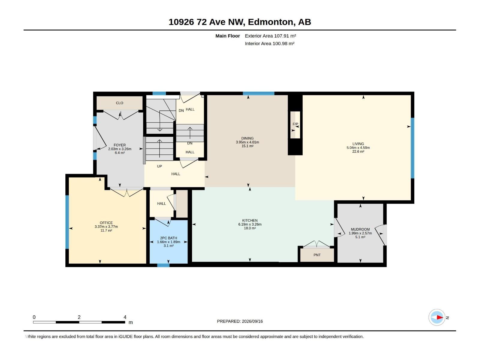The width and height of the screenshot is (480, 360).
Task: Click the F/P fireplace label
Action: pos(295,124)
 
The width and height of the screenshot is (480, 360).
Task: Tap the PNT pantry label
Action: pos(317,255)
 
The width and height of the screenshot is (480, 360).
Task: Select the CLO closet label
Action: pos(119,103)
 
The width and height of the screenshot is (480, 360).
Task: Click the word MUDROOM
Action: pos(360,229)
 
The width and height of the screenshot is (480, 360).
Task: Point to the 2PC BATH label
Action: pos(168,238)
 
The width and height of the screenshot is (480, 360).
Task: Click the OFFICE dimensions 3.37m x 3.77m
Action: pos(106,227)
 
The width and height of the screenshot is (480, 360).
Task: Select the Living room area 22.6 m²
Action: pos(358,151)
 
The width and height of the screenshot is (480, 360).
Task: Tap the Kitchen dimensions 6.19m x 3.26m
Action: pos(250,224)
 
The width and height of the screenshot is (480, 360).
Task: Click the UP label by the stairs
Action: pos(159,166)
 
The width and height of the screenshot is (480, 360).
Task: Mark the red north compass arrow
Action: pos(440,317)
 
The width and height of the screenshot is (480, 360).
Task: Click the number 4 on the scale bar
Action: pos(125,317)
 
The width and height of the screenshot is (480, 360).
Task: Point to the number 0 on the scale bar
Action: pos(34,317)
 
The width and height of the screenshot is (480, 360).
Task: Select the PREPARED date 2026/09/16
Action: pos(252,321)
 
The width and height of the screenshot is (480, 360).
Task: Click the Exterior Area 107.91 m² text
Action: pos(270,36)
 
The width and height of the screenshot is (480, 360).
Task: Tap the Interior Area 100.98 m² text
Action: pos(269,43)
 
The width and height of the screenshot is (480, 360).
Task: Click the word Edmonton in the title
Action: pos(271,22)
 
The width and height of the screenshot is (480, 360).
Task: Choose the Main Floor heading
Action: pos(227,36)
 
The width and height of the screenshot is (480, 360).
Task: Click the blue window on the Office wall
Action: pos(67,222)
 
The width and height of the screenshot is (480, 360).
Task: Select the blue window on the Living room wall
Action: pos(412,148)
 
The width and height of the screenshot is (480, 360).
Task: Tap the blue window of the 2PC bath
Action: pos(163,265)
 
